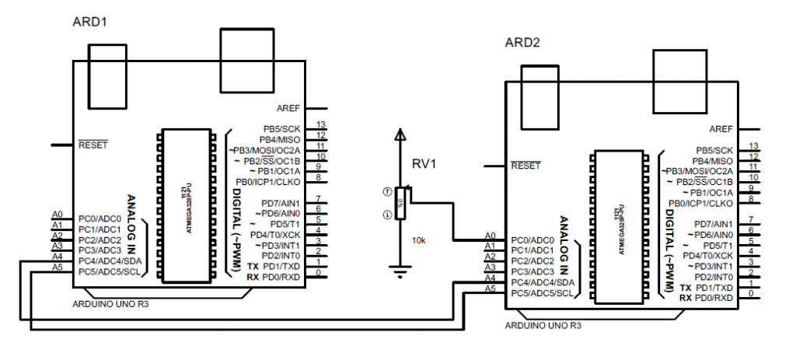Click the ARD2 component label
tap(522, 41)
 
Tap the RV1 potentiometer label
tap(425, 164)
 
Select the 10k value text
tap(418, 241)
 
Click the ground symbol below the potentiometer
tap(400, 272)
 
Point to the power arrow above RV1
tap(400, 137)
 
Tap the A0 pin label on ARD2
tap(490, 235)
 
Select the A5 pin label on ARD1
tap(57, 267)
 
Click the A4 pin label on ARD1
tap(57, 256)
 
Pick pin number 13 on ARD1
tap(319, 124)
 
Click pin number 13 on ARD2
tap(752, 146)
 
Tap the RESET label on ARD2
tap(525, 166)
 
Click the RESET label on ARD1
tap(93, 145)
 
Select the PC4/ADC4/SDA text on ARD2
tap(542, 282)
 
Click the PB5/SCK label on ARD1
tap(281, 129)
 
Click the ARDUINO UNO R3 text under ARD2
tap(543, 325)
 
